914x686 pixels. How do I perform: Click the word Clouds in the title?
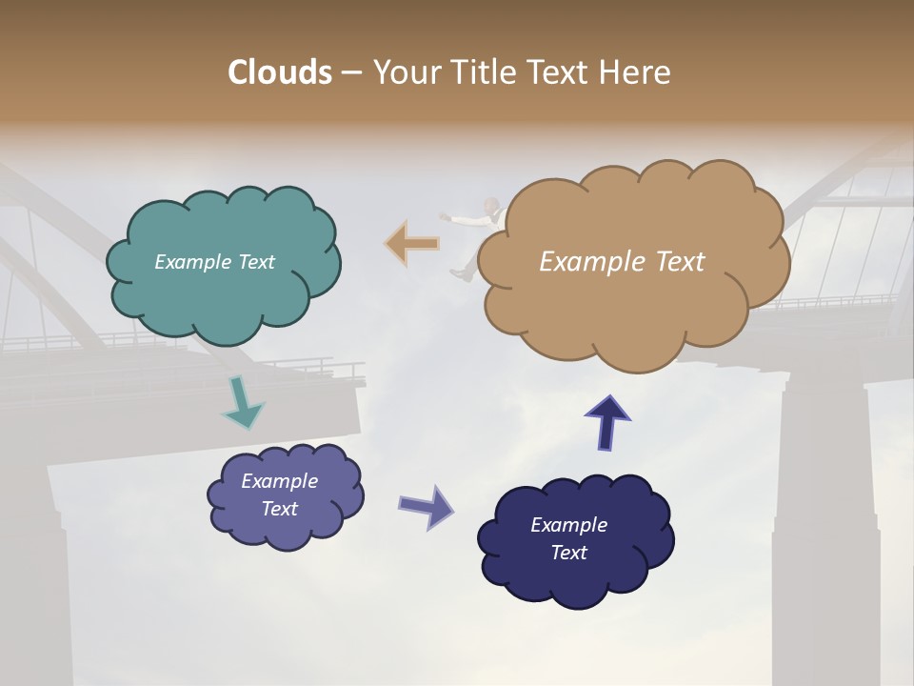click(x=280, y=72)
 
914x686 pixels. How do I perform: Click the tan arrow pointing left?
click(x=412, y=243)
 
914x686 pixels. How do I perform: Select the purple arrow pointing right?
click(x=427, y=506)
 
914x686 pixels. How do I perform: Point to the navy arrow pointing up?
click(x=607, y=421)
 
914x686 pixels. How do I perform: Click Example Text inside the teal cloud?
click(x=214, y=262)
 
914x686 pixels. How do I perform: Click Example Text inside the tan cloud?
click(x=622, y=262)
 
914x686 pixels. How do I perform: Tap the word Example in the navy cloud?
click(x=568, y=525)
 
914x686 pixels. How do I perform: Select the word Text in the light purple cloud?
click(x=280, y=509)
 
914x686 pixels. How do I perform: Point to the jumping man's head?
click(x=491, y=205)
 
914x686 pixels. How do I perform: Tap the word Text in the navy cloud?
click(x=568, y=553)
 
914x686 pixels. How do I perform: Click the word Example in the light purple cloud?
click(x=280, y=481)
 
